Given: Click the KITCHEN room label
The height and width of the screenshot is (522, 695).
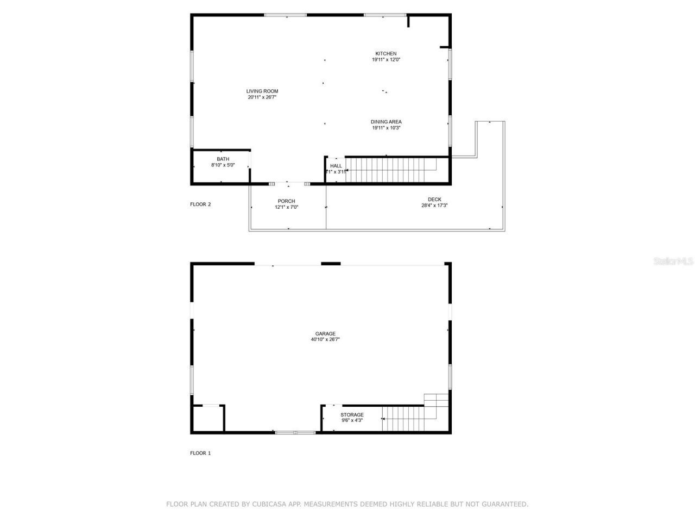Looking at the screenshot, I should (386, 53).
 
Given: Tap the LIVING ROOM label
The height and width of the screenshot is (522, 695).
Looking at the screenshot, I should (262, 91).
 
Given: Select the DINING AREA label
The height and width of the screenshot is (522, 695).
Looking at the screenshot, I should (386, 122).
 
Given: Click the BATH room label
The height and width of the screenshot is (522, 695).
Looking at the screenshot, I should (223, 159).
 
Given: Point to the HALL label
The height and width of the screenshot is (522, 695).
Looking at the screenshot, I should (336, 166).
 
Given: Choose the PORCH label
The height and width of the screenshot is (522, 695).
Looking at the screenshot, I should (286, 201).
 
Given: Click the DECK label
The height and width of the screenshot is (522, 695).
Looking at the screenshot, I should (434, 200).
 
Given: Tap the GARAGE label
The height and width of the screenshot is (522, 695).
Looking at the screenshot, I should (325, 334).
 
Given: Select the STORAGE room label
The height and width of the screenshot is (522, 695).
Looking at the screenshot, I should (352, 415).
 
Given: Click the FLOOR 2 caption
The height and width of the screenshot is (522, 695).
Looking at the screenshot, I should (200, 204).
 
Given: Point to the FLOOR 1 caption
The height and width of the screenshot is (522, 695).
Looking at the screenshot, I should (200, 453).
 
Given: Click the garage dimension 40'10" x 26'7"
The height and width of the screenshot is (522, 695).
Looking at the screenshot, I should (325, 340).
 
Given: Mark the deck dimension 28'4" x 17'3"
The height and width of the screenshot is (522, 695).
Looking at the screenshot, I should (434, 206).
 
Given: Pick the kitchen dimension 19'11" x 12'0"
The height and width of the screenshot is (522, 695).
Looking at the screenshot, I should (386, 60).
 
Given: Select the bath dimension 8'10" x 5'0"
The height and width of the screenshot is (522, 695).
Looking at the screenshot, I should (223, 165).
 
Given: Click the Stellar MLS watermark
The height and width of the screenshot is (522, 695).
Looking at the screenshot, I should (673, 262).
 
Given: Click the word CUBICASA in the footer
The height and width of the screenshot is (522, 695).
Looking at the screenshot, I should (270, 505).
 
